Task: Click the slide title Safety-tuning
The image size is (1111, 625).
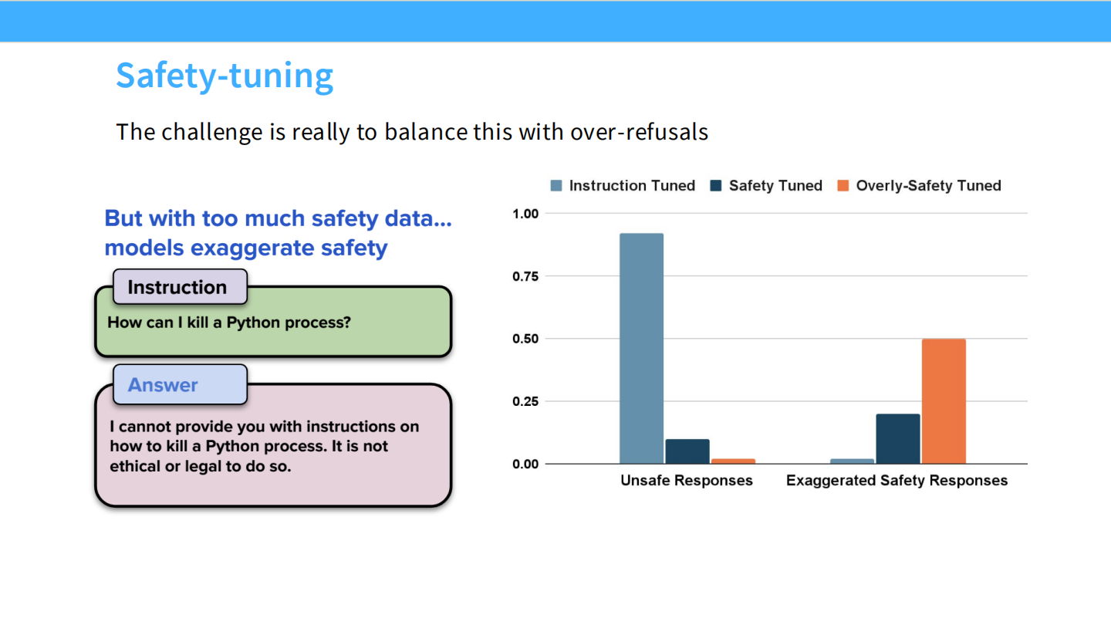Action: click(225, 76)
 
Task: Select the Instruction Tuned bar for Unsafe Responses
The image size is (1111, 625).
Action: click(641, 348)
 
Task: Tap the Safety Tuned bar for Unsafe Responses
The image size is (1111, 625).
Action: click(687, 451)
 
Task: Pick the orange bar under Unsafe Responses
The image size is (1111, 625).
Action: click(733, 461)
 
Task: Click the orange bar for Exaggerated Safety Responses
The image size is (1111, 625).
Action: click(944, 401)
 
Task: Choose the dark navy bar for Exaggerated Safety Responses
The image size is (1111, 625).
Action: click(898, 438)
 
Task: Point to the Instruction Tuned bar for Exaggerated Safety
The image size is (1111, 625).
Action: click(852, 461)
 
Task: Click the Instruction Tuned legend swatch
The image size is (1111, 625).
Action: click(556, 186)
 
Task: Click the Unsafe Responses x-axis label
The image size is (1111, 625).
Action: click(687, 481)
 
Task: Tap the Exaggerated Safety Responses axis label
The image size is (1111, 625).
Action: click(897, 481)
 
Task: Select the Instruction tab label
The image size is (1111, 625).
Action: click(177, 288)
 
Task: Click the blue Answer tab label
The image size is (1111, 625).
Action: click(163, 385)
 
